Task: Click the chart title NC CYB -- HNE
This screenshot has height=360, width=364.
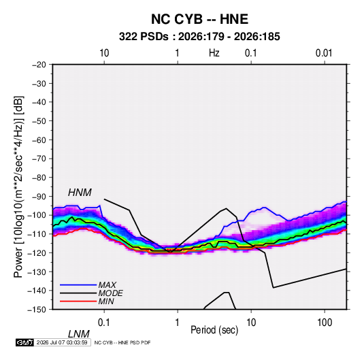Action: click(199, 19)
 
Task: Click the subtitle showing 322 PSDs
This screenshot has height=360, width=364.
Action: click(199, 37)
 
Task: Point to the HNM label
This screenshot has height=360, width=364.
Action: click(80, 193)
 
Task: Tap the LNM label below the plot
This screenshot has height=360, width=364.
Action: click(79, 334)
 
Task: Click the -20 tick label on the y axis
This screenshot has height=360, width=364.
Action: click(39, 65)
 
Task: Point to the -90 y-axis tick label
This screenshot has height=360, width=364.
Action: click(39, 197)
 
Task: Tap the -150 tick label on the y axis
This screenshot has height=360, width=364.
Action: click(37, 310)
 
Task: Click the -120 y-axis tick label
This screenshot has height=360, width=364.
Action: click(37, 253)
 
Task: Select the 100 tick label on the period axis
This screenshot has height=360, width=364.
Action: click(325, 323)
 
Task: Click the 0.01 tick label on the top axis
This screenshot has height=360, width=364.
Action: click(324, 53)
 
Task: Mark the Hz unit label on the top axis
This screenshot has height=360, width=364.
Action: click(214, 53)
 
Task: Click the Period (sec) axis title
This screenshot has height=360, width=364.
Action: click(214, 330)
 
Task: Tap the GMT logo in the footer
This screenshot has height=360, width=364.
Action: click(25, 342)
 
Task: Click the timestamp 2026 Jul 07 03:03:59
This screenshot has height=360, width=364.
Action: click(62, 342)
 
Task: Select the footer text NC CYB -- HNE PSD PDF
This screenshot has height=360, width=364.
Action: click(122, 342)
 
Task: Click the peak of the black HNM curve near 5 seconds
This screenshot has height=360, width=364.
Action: click(226, 208)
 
